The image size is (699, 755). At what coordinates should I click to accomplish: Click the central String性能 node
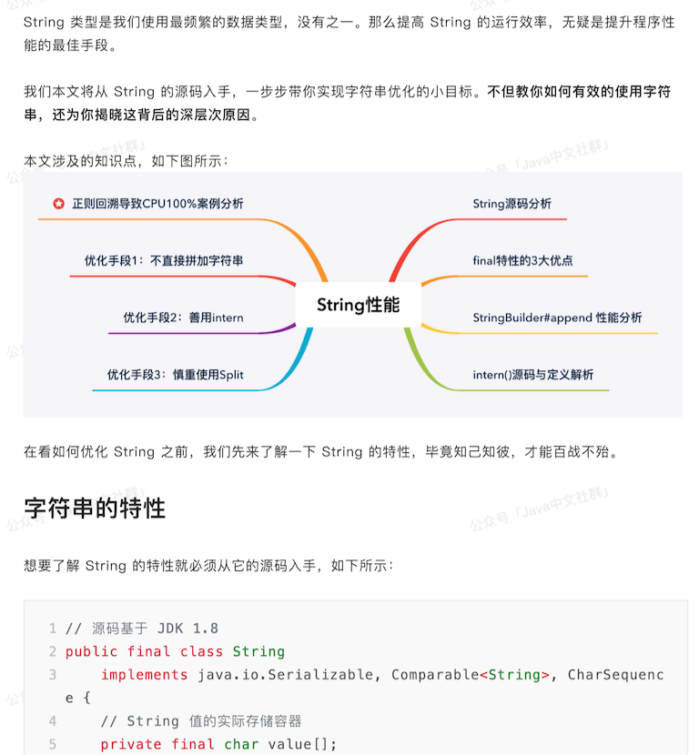[358, 305]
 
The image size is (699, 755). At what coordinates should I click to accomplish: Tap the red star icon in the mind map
[59, 204]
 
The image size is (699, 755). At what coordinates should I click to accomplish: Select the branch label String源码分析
[512, 204]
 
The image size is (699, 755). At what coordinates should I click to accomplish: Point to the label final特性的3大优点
[522, 260]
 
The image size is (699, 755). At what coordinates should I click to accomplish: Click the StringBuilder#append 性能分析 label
[557, 317]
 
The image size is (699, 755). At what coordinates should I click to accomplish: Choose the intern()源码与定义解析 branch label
[533, 375]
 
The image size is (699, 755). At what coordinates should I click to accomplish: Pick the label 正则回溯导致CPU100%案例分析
[157, 204]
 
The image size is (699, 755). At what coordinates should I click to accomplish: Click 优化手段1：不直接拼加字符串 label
[164, 260]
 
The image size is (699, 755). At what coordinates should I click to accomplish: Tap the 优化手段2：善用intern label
[183, 317]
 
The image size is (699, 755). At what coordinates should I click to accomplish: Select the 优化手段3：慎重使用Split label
[175, 375]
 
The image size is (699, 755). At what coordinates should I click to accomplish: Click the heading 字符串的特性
[95, 508]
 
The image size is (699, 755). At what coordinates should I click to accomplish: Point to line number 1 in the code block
[53, 629]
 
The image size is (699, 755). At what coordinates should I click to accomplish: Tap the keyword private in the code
[131, 744]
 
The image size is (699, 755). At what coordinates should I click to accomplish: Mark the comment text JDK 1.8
[187, 629]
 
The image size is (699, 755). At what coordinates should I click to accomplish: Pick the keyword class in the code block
[201, 651]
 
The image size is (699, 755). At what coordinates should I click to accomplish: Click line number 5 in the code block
[53, 744]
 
